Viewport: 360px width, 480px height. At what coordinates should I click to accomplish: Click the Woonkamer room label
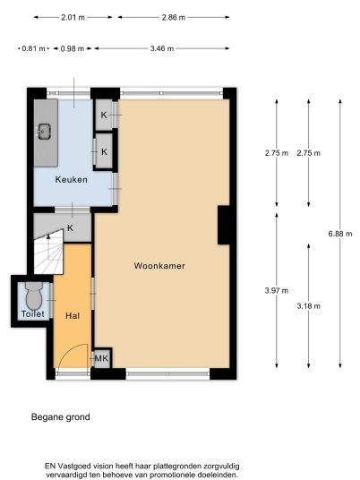(x=159, y=266)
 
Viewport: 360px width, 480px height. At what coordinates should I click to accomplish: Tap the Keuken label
(x=72, y=180)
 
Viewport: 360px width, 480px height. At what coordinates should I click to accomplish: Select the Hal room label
(x=73, y=315)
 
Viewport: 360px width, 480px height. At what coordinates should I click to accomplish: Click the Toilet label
(x=33, y=313)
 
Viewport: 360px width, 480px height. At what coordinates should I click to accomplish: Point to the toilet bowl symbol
(x=34, y=296)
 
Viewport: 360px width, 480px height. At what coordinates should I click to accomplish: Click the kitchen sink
(x=44, y=132)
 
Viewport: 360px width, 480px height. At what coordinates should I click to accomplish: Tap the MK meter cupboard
(x=101, y=358)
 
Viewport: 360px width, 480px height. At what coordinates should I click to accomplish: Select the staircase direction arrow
(x=48, y=236)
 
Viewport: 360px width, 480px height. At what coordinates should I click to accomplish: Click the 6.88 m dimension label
(x=340, y=234)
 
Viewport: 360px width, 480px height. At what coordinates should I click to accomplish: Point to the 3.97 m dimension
(x=277, y=290)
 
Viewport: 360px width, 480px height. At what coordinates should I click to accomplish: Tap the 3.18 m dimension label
(x=309, y=305)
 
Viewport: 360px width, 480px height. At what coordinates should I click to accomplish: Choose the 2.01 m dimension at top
(x=73, y=17)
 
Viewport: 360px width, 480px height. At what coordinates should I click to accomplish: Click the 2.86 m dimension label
(x=174, y=17)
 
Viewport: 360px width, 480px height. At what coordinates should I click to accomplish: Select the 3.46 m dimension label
(x=162, y=48)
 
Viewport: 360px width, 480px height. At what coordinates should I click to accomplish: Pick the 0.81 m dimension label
(x=34, y=48)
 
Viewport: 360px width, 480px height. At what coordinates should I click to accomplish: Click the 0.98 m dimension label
(x=73, y=48)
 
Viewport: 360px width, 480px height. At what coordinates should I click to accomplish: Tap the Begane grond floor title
(x=61, y=417)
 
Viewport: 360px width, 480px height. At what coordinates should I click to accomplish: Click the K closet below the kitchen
(x=70, y=228)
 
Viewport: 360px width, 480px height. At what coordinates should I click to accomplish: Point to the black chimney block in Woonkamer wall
(x=224, y=225)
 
